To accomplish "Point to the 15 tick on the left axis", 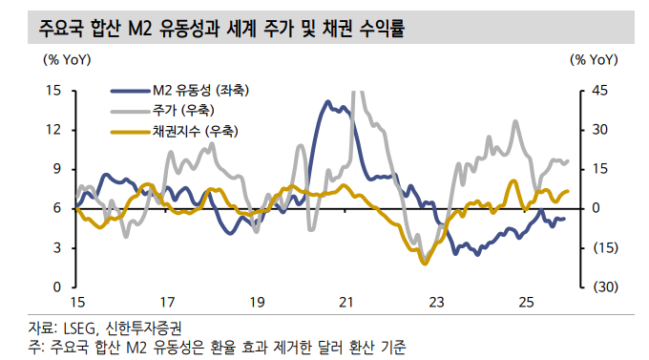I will (x=53, y=91).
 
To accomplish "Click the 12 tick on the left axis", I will (x=53, y=130).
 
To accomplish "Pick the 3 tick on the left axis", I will (x=57, y=247).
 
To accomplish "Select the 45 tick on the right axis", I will (x=600, y=91).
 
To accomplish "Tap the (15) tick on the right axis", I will (x=603, y=247).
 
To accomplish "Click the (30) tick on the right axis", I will (x=603, y=286).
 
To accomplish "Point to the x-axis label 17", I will (x=166, y=303).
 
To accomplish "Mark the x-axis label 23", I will (x=436, y=303).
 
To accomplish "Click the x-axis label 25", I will (x=526, y=303).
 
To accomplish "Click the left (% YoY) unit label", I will (x=67, y=60).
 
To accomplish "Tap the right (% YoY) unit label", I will (x=594, y=60).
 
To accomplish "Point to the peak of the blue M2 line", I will (x=327, y=101).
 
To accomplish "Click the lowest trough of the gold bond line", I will (x=425, y=263).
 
